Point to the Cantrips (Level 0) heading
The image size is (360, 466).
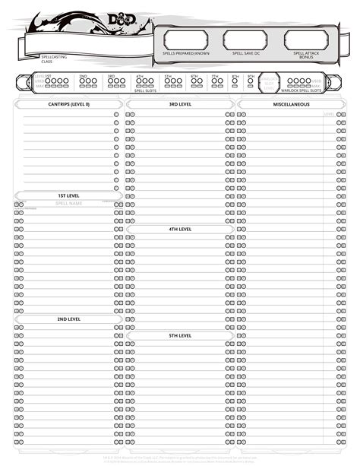[68, 104]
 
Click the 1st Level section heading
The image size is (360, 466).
[68, 195]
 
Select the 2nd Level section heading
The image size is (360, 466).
[68, 319]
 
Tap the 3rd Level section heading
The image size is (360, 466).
[180, 104]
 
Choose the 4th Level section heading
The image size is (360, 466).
[180, 229]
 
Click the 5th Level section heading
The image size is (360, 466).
[180, 335]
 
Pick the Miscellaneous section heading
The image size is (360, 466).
[292, 104]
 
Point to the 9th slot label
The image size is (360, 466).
[251, 77]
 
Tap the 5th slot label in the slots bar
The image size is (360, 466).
[169, 77]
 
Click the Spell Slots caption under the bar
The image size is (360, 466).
[144, 90]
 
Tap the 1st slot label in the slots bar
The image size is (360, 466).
[48, 76]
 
